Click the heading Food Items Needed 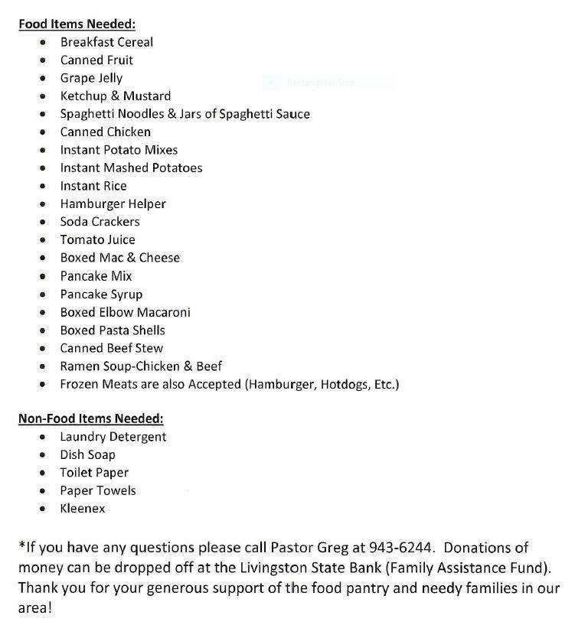click(x=77, y=24)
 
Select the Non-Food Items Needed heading click(x=90, y=418)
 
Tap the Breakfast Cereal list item click(x=106, y=42)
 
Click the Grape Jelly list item click(x=91, y=78)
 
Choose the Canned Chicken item click(x=106, y=132)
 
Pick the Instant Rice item click(x=93, y=186)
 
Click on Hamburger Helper click(x=113, y=203)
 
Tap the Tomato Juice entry click(x=97, y=239)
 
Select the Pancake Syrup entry click(x=101, y=295)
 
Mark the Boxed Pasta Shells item click(x=113, y=330)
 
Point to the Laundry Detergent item click(x=113, y=437)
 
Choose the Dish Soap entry click(x=87, y=454)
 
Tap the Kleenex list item click(x=83, y=508)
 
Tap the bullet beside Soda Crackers click(x=44, y=222)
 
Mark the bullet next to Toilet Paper click(x=44, y=473)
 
